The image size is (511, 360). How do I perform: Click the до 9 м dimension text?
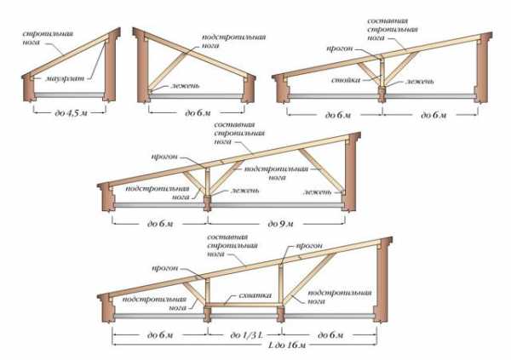(278, 223)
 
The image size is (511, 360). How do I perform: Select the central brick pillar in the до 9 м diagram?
(208, 203)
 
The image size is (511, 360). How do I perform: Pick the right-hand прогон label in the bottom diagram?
(308, 245)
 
